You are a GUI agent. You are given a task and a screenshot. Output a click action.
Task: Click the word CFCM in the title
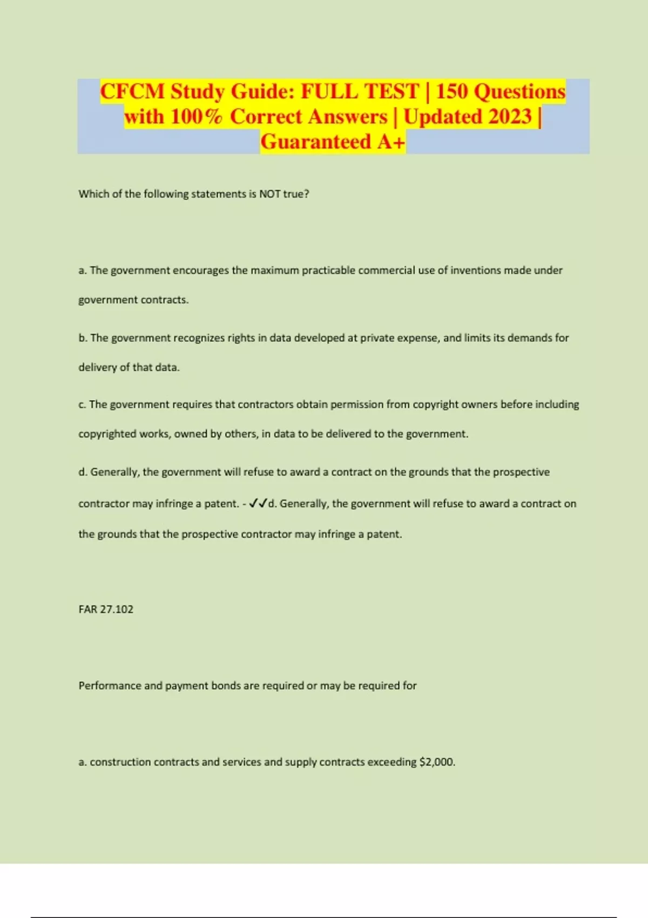(132, 92)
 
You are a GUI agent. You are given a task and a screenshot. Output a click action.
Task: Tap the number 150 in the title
(452, 92)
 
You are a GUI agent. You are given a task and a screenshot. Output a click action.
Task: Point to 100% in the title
(195, 117)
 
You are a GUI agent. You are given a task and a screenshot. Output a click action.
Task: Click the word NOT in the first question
(270, 194)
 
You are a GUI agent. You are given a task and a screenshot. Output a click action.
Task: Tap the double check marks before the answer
(258, 504)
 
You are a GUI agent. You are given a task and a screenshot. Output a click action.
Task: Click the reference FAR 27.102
(106, 609)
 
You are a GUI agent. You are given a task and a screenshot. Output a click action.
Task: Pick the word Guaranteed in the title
(316, 142)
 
